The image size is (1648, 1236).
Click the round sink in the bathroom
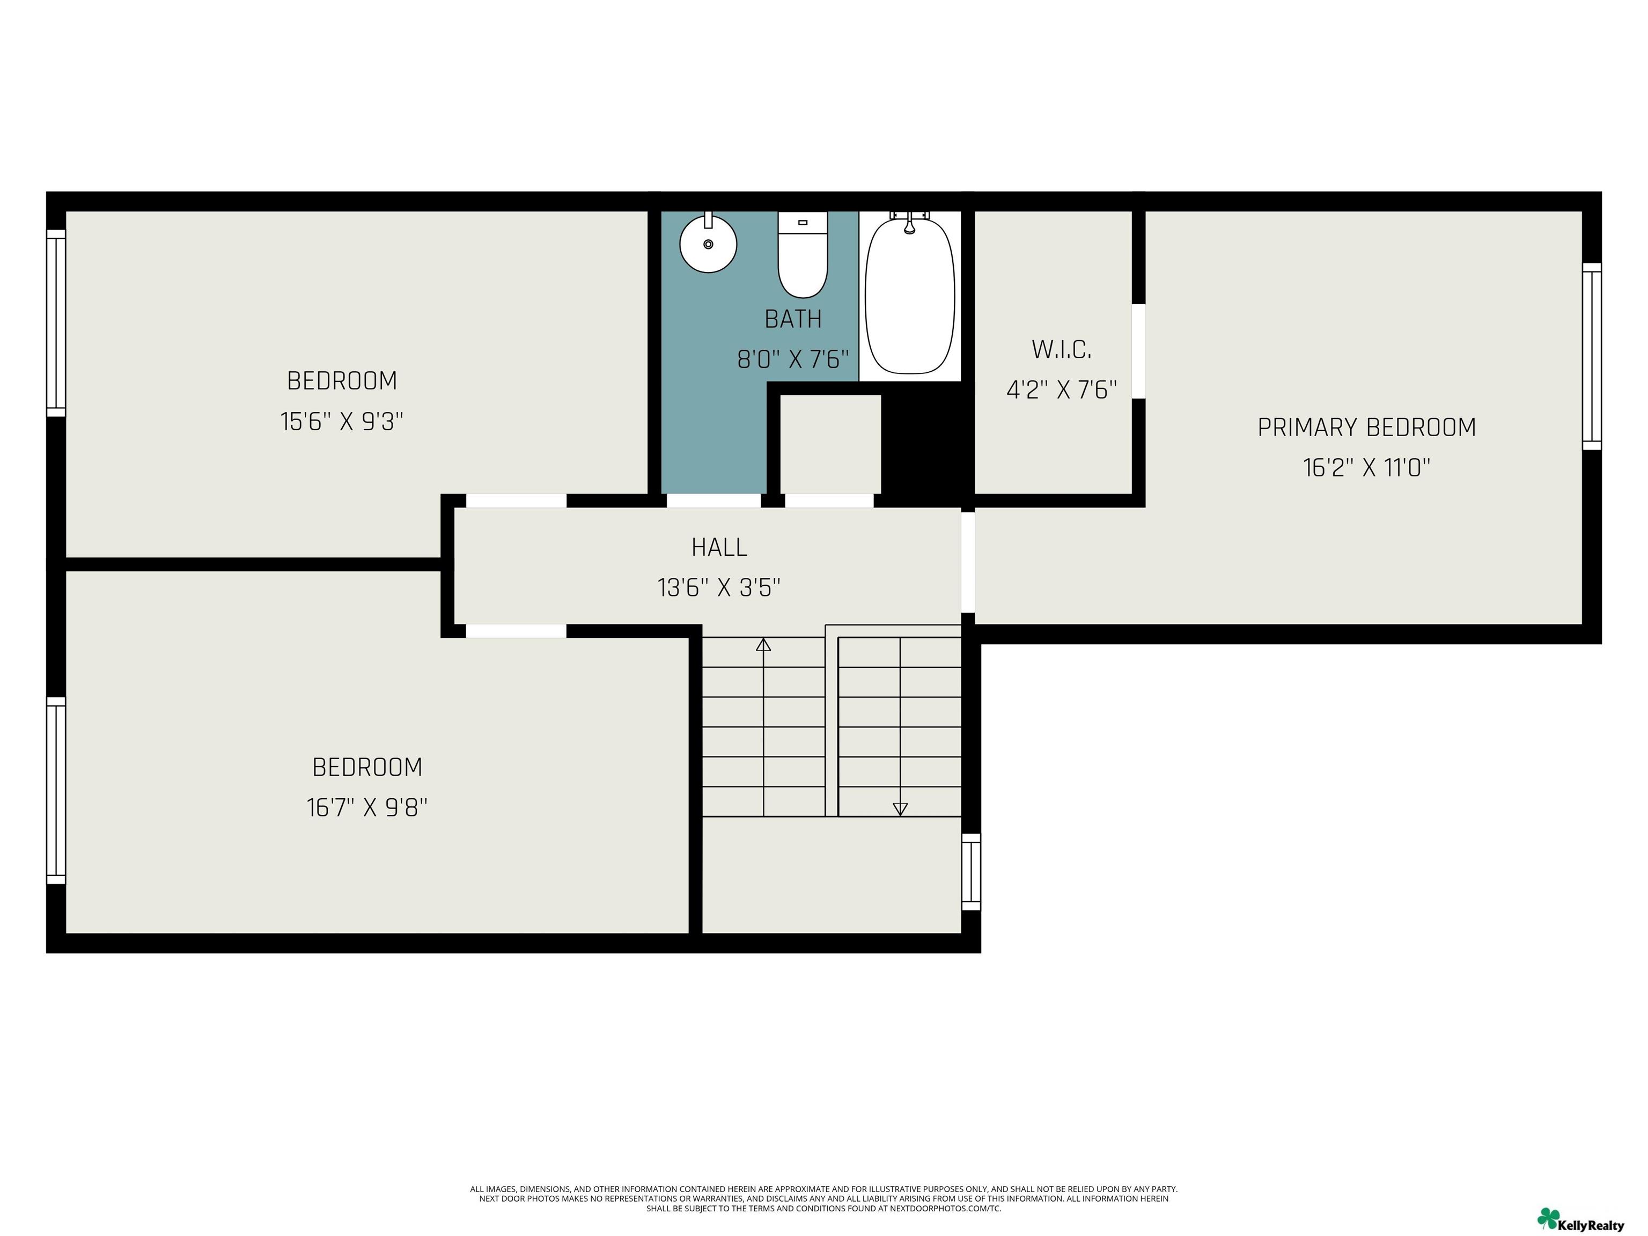tap(708, 243)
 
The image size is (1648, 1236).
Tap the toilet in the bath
tap(803, 254)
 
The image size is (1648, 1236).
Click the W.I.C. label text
tap(1061, 349)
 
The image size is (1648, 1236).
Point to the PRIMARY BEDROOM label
tap(1366, 427)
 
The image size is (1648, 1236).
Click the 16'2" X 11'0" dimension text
tap(1366, 467)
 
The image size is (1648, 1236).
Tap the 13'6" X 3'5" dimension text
tap(719, 588)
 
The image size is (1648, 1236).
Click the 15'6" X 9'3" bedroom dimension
tap(342, 421)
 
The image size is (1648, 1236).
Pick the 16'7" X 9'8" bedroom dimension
tap(367, 807)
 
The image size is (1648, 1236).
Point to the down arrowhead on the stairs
tap(900, 808)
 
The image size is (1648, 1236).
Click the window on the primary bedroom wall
tap(1591, 356)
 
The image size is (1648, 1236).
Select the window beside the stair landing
tap(971, 872)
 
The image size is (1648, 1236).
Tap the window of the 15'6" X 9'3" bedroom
tap(56, 322)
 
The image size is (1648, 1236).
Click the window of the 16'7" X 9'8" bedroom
tap(56, 791)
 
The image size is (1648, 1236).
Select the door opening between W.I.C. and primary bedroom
tap(1138, 351)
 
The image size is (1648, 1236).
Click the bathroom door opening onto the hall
tap(713, 501)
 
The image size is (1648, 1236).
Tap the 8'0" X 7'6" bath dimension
tap(793, 359)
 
